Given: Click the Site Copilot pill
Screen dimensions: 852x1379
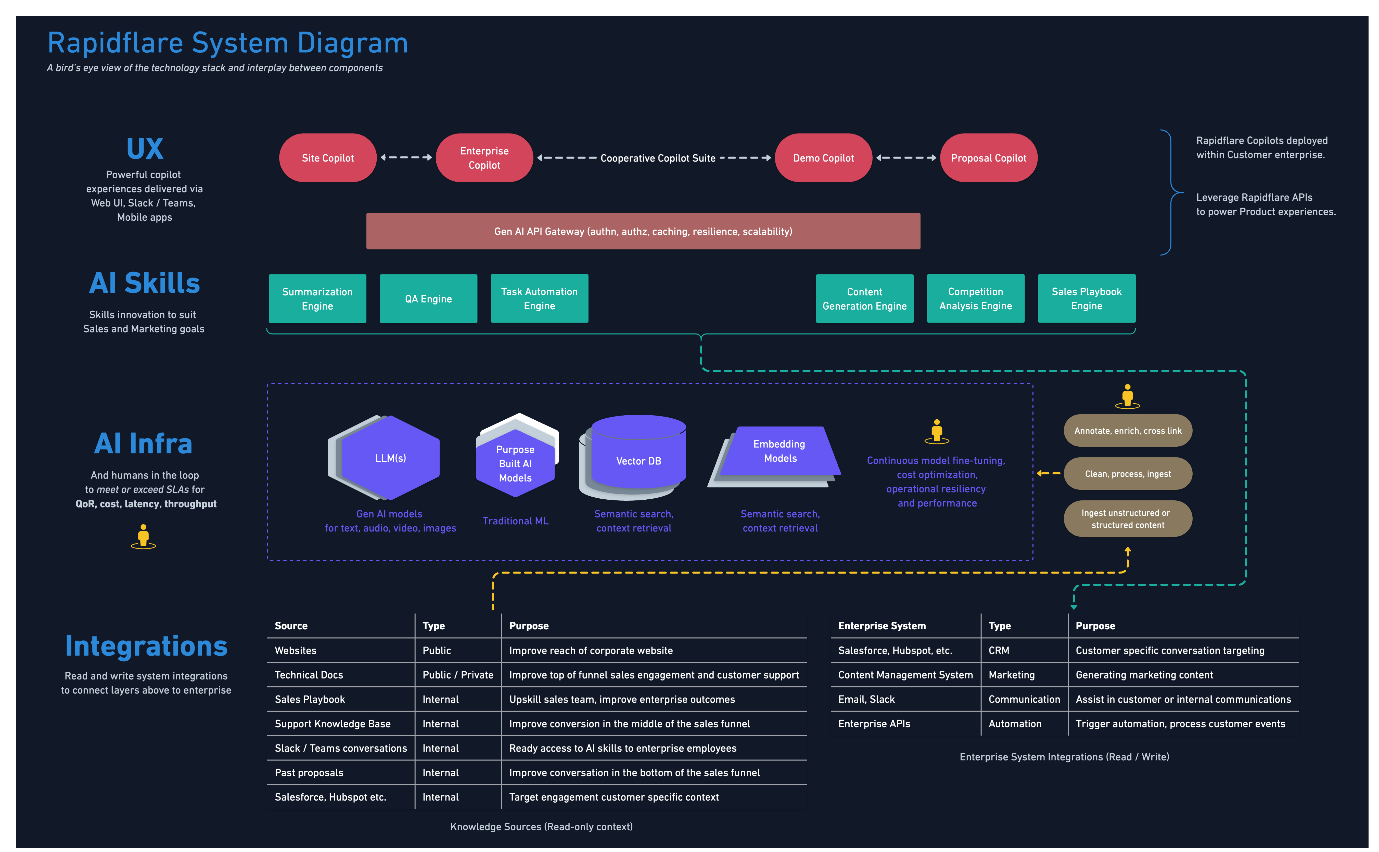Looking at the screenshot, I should [x=328, y=158].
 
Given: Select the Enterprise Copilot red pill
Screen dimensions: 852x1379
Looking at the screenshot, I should [x=484, y=158].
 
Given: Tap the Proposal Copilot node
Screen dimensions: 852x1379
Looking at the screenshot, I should [x=988, y=158].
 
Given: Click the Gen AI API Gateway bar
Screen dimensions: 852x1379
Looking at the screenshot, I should [x=643, y=231].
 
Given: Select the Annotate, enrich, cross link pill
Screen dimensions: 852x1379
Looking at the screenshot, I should [x=1128, y=431].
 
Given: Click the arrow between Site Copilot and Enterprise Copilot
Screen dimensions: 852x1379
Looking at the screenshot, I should [x=406, y=158].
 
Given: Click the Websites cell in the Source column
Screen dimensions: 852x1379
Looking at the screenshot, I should [x=296, y=650].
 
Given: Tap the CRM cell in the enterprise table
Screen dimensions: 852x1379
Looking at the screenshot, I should [x=999, y=650].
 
